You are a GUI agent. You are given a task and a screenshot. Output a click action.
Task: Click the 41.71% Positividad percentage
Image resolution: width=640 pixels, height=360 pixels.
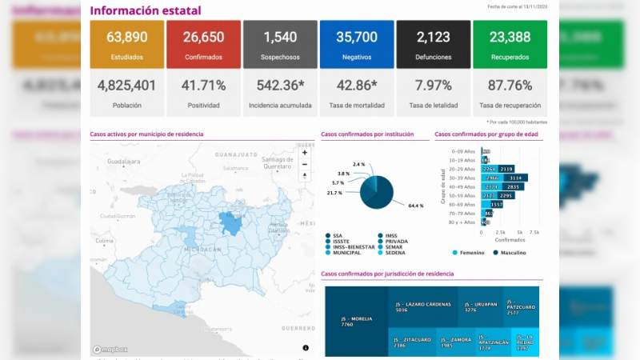pos(203,86)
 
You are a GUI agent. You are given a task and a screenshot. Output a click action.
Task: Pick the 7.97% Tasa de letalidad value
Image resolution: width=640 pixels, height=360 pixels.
pos(433,86)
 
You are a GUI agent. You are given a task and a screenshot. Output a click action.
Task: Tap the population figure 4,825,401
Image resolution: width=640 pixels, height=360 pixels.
pos(126,86)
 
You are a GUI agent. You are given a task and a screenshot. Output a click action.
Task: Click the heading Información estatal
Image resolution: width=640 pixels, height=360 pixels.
pos(145,11)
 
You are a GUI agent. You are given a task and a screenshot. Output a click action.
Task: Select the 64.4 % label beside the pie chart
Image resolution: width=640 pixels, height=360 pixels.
pos(414,206)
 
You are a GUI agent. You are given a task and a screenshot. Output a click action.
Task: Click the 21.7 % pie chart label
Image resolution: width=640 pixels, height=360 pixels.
pos(334,193)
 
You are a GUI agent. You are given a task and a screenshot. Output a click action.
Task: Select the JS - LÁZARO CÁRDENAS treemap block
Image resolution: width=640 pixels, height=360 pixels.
pos(423,306)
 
